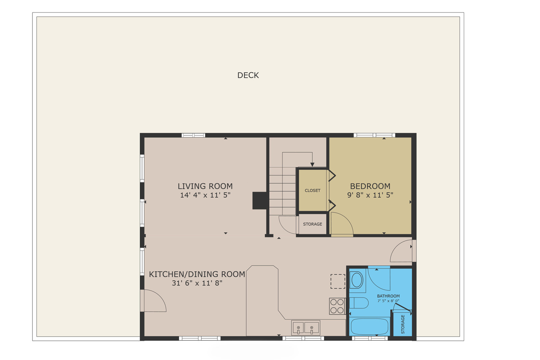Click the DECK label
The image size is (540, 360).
tap(248, 75)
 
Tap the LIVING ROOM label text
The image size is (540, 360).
tap(205, 186)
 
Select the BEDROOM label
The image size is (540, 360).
tap(370, 186)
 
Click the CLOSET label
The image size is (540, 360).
tap(313, 190)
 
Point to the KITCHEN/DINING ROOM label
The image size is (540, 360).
tap(197, 274)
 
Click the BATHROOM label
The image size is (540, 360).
tap(388, 296)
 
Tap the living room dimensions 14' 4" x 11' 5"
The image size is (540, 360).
tap(205, 195)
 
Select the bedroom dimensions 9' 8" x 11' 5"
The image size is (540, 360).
tap(370, 195)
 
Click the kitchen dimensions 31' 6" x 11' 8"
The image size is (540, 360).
tap(197, 283)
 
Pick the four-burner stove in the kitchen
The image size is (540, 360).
tap(337, 306)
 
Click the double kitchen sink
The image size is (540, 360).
tap(306, 328)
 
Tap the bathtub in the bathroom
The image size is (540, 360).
tap(369, 327)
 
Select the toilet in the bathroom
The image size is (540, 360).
tap(359, 303)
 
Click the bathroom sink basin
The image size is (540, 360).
tap(357, 280)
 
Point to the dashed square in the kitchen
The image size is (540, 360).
tap(338, 281)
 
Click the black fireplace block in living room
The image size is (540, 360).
tap(260, 201)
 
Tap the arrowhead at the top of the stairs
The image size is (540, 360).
tap(312, 165)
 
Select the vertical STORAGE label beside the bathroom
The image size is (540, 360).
tap(403, 324)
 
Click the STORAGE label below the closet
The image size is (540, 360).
tap(313, 224)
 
